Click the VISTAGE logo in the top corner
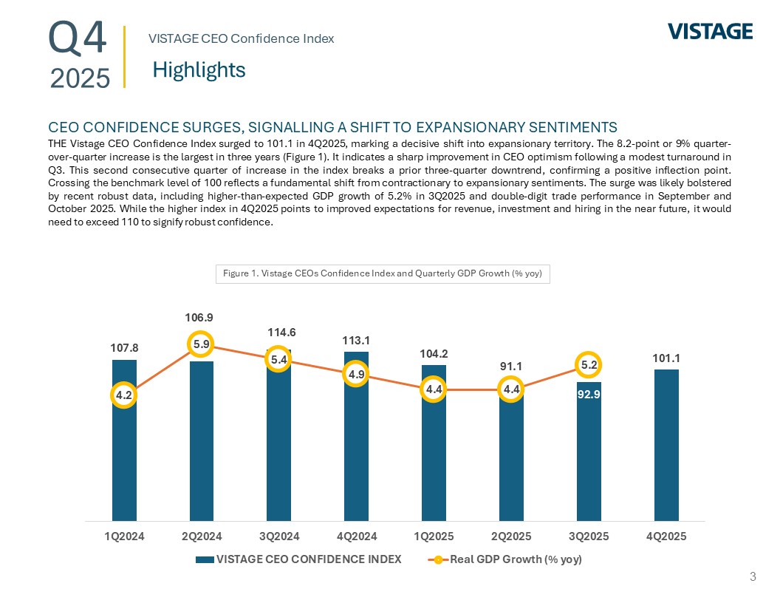coord(710,31)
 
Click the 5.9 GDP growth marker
coord(201,344)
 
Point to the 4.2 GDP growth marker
coord(124,395)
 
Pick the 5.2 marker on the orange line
coord(589,364)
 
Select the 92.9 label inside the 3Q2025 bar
coord(589,394)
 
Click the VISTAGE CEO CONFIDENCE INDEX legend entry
coord(298,559)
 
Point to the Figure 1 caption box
coord(383,274)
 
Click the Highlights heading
coord(199,70)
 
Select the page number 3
coord(753,576)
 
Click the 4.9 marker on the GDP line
coord(356,375)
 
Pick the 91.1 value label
coord(511,366)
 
